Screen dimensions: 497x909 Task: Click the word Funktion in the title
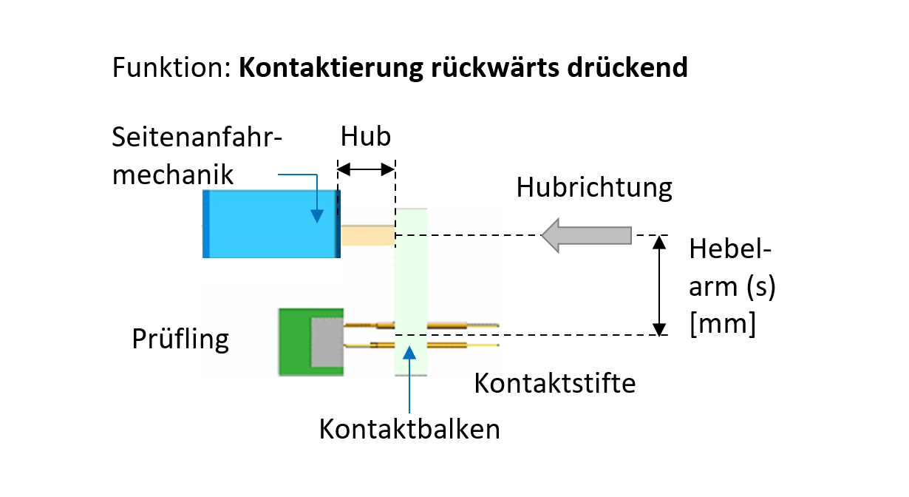tap(170, 67)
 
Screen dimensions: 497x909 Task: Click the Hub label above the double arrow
tap(365, 137)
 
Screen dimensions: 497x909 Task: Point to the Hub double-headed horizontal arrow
tap(367, 170)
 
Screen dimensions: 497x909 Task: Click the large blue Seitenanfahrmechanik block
tap(270, 224)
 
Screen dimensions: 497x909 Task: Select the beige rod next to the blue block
tap(367, 236)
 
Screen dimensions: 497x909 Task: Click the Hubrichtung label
tap(594, 188)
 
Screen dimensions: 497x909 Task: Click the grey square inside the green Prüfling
tap(327, 341)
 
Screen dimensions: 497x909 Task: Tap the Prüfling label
tap(180, 339)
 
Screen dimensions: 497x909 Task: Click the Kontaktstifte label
tap(554, 383)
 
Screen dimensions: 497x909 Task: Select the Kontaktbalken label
tap(409, 429)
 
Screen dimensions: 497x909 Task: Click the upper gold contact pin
tap(443, 325)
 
